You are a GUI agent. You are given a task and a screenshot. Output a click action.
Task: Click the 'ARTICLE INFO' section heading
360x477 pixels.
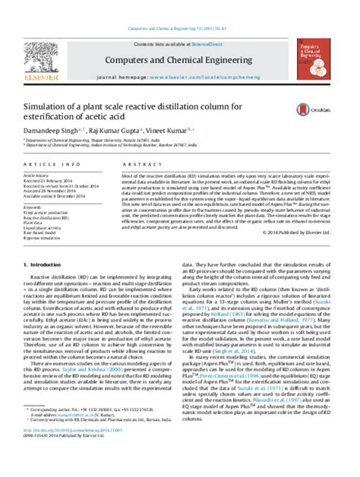tap(58, 164)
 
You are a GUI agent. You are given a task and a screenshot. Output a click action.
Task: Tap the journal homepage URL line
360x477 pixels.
tap(181, 57)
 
